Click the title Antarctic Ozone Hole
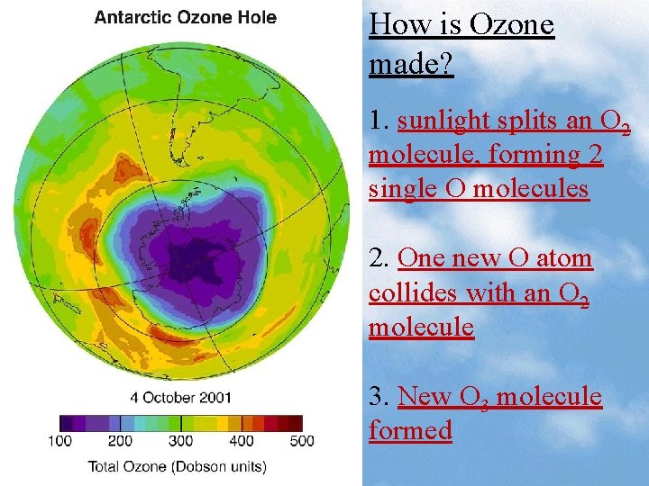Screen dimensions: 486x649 pyautogui.click(x=185, y=17)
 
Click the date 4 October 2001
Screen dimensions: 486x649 pyautogui.click(x=180, y=397)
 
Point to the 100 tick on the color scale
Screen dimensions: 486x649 pyautogui.click(x=59, y=440)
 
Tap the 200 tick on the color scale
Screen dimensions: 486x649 pyautogui.click(x=120, y=440)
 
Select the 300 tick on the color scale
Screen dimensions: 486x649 pyautogui.click(x=180, y=440)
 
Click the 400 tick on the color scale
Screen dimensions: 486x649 pyautogui.click(x=241, y=440)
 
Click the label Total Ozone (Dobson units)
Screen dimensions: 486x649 pyautogui.click(x=177, y=465)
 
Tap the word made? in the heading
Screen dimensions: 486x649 pyautogui.click(x=410, y=64)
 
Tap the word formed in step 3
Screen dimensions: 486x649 pyautogui.click(x=410, y=430)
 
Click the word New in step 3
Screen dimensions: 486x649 pyautogui.click(x=425, y=396)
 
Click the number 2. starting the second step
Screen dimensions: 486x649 pyautogui.click(x=379, y=258)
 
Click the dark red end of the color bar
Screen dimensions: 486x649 pyautogui.click(x=295, y=423)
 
